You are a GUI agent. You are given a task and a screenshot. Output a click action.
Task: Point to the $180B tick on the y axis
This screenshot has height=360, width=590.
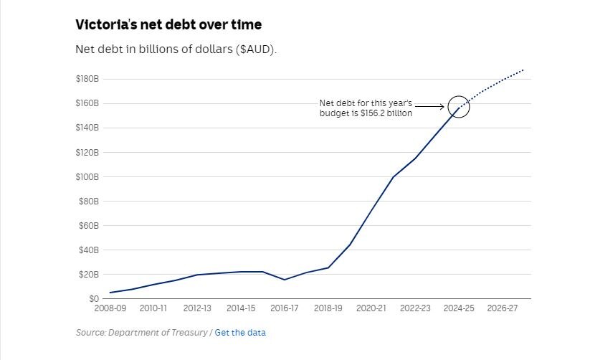pos(87,79)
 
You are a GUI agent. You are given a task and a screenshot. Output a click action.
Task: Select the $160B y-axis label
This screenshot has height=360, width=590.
pos(87,103)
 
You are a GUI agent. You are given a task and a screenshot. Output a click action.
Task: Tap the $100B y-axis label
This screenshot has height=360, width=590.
pos(87,176)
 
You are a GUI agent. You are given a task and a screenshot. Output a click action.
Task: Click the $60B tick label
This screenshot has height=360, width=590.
pos(88,226)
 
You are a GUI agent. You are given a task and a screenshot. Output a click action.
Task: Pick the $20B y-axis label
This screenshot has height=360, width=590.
pos(88,275)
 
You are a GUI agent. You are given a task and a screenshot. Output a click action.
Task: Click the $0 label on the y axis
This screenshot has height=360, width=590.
pos(93,299)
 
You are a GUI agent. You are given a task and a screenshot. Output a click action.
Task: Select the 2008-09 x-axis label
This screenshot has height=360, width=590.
pos(110,308)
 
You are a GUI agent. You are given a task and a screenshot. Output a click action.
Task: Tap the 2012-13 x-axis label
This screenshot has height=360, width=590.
pos(197,308)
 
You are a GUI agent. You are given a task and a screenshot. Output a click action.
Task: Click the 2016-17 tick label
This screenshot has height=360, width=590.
pos(285,308)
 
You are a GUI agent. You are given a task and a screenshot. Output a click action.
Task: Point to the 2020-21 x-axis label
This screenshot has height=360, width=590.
pos(371,308)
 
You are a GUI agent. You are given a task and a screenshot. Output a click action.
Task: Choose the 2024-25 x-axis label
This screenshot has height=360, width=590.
pos(459,308)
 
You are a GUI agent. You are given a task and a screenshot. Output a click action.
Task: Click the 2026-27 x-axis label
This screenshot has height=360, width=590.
pos(502,308)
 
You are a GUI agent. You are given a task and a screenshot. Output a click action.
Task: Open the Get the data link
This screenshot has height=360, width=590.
pos(239,333)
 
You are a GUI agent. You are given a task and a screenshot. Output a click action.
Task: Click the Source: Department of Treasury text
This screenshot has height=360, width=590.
pos(142,333)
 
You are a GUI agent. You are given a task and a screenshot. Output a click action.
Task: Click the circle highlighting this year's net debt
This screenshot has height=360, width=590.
pos(459,107)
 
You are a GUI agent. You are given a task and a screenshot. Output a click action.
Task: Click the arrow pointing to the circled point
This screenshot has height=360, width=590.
pos(429,108)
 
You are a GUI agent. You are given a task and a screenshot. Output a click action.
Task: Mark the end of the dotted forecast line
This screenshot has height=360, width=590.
pos(524,70)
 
